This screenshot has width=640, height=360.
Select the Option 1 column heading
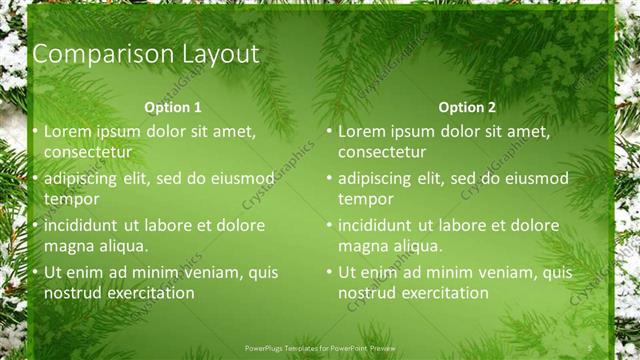[x=173, y=107]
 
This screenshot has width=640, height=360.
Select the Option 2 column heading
[x=467, y=107]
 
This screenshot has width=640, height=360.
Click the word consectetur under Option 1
[x=88, y=152]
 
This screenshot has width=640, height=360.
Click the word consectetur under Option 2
[x=382, y=152]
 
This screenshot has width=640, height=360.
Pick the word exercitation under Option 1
[x=145, y=293]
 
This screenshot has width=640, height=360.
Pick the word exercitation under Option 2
[x=439, y=293]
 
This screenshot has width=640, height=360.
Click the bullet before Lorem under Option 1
[x=36, y=132]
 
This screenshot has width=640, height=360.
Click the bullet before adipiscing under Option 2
[x=330, y=179]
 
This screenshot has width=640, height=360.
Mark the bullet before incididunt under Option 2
[x=330, y=226]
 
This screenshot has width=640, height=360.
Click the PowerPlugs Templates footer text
[x=319, y=349]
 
